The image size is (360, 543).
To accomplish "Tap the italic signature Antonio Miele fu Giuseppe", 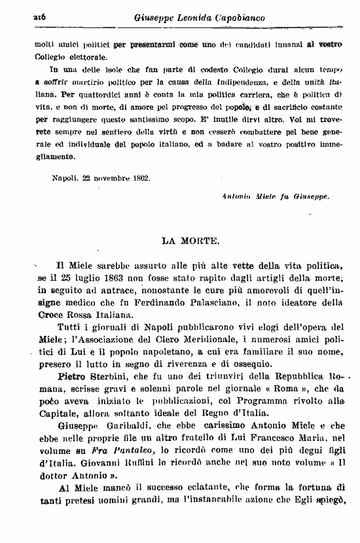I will (x=276, y=195).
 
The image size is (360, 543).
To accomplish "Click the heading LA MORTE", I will (x=190, y=240).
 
